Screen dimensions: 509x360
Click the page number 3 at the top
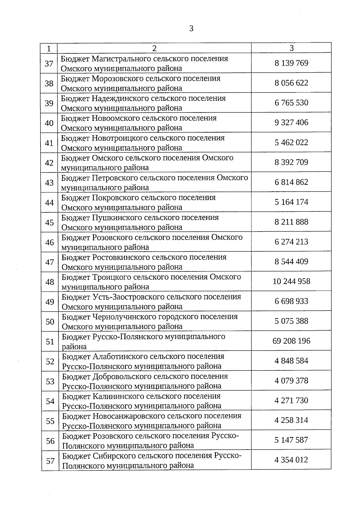click(191, 29)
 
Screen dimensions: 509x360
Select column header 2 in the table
click(154, 48)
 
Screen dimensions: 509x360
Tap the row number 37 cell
click(49, 64)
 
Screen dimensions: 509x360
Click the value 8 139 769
click(291, 63)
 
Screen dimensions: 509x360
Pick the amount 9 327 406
click(291, 123)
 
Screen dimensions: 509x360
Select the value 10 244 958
click(291, 282)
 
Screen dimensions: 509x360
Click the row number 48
click(49, 282)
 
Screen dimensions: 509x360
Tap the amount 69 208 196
click(291, 341)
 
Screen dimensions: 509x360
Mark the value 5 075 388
click(291, 321)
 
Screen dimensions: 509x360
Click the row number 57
click(50, 461)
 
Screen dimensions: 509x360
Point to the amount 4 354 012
click(291, 460)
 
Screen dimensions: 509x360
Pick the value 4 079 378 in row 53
click(291, 381)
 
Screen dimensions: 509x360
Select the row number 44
click(49, 202)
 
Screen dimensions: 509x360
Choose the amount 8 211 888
click(291, 222)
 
